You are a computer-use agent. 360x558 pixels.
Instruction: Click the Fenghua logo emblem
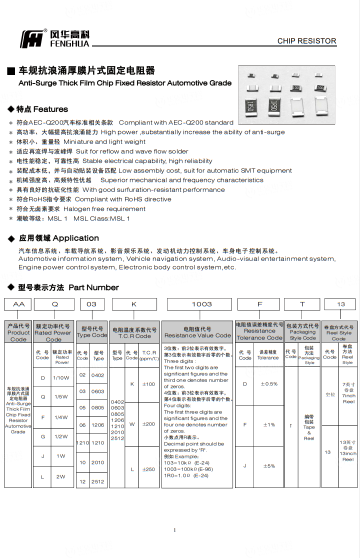[x=31, y=39]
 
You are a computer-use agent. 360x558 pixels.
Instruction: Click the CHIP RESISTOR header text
[x=306, y=41]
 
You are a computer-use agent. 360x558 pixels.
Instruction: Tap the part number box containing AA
[x=18, y=304]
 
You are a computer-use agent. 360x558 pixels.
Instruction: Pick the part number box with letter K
[x=133, y=304]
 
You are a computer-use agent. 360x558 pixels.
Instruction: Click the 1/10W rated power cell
[x=61, y=378]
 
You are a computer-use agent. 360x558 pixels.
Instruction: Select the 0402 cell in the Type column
[x=98, y=375]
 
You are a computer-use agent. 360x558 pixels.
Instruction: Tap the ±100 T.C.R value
[x=148, y=384]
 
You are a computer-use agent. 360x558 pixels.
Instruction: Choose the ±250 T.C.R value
[x=148, y=469]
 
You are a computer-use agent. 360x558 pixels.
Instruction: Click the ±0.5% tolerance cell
[x=269, y=384]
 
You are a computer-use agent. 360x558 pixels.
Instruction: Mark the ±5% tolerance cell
[x=269, y=466]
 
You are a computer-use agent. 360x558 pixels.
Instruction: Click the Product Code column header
[x=18, y=332]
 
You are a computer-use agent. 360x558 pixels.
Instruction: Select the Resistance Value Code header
[x=197, y=332]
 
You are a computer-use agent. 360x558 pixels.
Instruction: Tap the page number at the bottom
[x=174, y=530]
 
